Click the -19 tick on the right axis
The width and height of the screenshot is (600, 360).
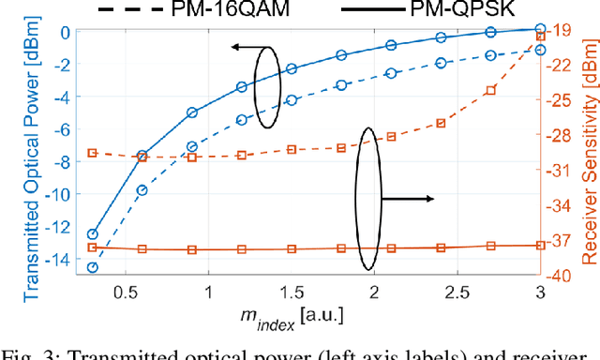[x=562, y=30]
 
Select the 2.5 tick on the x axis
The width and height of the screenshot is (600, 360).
[x=457, y=318]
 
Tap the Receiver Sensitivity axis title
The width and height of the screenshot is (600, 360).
[x=590, y=166]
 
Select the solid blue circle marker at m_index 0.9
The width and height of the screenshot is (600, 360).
[x=192, y=112]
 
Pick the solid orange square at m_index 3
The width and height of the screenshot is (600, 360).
[x=540, y=245]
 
